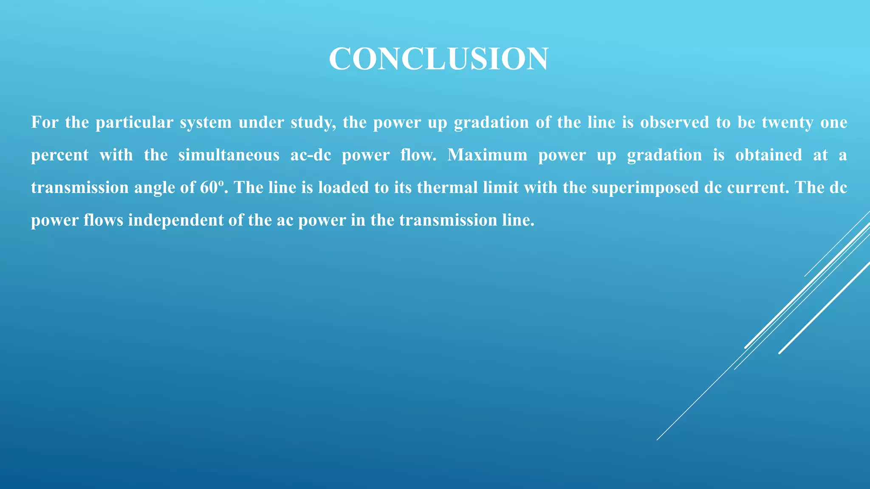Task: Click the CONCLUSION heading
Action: pos(438,59)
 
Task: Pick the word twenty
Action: pos(787,123)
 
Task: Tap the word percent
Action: pos(60,155)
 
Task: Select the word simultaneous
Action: pos(229,155)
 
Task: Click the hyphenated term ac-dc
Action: pos(311,155)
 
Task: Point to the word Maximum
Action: pos(487,155)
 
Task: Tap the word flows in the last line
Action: pos(103,220)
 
